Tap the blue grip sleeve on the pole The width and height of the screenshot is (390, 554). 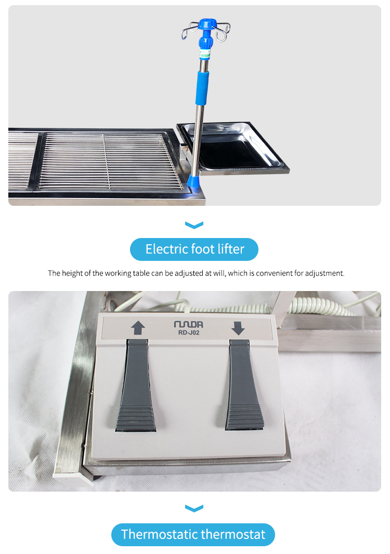point(202,88)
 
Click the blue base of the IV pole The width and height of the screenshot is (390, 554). point(193,180)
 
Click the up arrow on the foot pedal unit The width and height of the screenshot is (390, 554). point(138,327)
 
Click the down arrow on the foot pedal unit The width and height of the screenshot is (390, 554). point(238,328)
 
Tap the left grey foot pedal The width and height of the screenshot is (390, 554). point(136,385)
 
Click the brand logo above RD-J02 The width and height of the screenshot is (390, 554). point(188,324)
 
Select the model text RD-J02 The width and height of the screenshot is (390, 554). point(189,333)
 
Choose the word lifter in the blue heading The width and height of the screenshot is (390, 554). point(231,249)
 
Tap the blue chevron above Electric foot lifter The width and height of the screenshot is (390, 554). point(194,225)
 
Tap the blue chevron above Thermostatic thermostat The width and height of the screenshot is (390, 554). point(194,508)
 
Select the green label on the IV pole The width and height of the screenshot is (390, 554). point(205,54)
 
